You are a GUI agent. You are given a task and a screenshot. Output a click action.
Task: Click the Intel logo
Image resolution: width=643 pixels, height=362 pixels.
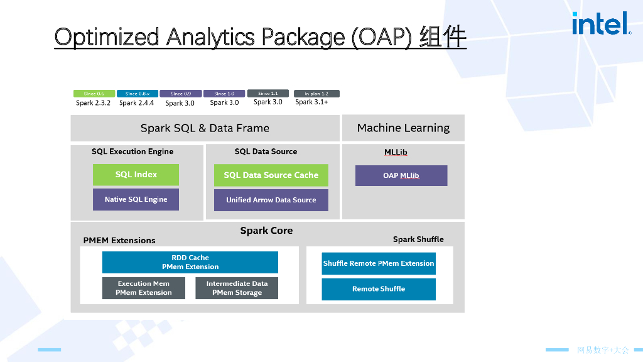pyautogui.click(x=601, y=24)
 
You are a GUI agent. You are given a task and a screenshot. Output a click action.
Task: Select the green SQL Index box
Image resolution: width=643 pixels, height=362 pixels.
pyautogui.click(x=136, y=175)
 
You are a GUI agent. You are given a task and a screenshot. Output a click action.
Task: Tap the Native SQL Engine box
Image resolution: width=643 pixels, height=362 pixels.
pyautogui.click(x=136, y=199)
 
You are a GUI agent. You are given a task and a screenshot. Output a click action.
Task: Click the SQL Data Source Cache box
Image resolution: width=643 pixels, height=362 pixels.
pyautogui.click(x=271, y=175)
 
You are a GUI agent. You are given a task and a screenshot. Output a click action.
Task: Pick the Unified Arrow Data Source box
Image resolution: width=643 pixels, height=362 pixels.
pyautogui.click(x=271, y=200)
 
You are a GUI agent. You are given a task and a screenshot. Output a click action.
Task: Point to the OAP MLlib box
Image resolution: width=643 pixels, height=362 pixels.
pyautogui.click(x=401, y=175)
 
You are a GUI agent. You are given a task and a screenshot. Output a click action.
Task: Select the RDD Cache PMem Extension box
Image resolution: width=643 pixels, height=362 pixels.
pyautogui.click(x=190, y=262)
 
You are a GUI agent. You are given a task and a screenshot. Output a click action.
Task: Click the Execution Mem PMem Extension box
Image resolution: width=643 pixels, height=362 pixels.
pyautogui.click(x=143, y=288)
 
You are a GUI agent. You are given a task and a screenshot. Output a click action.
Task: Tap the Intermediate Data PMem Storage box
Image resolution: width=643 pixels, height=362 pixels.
pyautogui.click(x=237, y=288)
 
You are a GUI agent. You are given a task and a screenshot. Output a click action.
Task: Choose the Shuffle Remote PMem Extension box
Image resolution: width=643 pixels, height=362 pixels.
pyautogui.click(x=379, y=263)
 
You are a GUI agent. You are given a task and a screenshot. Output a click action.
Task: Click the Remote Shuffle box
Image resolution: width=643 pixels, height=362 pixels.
pyautogui.click(x=379, y=289)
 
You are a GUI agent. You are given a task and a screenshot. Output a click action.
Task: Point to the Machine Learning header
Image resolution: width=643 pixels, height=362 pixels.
pyautogui.click(x=403, y=128)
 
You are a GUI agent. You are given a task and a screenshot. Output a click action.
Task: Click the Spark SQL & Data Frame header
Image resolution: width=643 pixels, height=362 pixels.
pyautogui.click(x=205, y=128)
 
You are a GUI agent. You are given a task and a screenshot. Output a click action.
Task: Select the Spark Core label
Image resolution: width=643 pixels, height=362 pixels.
pyautogui.click(x=266, y=231)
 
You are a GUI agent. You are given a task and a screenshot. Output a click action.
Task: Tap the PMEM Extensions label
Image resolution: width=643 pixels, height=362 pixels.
pyautogui.click(x=119, y=240)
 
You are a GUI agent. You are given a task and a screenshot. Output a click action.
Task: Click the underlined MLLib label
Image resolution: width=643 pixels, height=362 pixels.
pyautogui.click(x=396, y=152)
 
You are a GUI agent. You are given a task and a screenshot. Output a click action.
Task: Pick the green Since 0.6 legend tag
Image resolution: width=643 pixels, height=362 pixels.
pyautogui.click(x=94, y=94)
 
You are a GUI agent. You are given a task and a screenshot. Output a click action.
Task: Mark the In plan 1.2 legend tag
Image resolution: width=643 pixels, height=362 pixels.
pyautogui.click(x=316, y=94)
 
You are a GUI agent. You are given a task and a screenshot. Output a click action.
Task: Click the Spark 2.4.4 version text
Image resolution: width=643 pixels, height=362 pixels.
pyautogui.click(x=136, y=102)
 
